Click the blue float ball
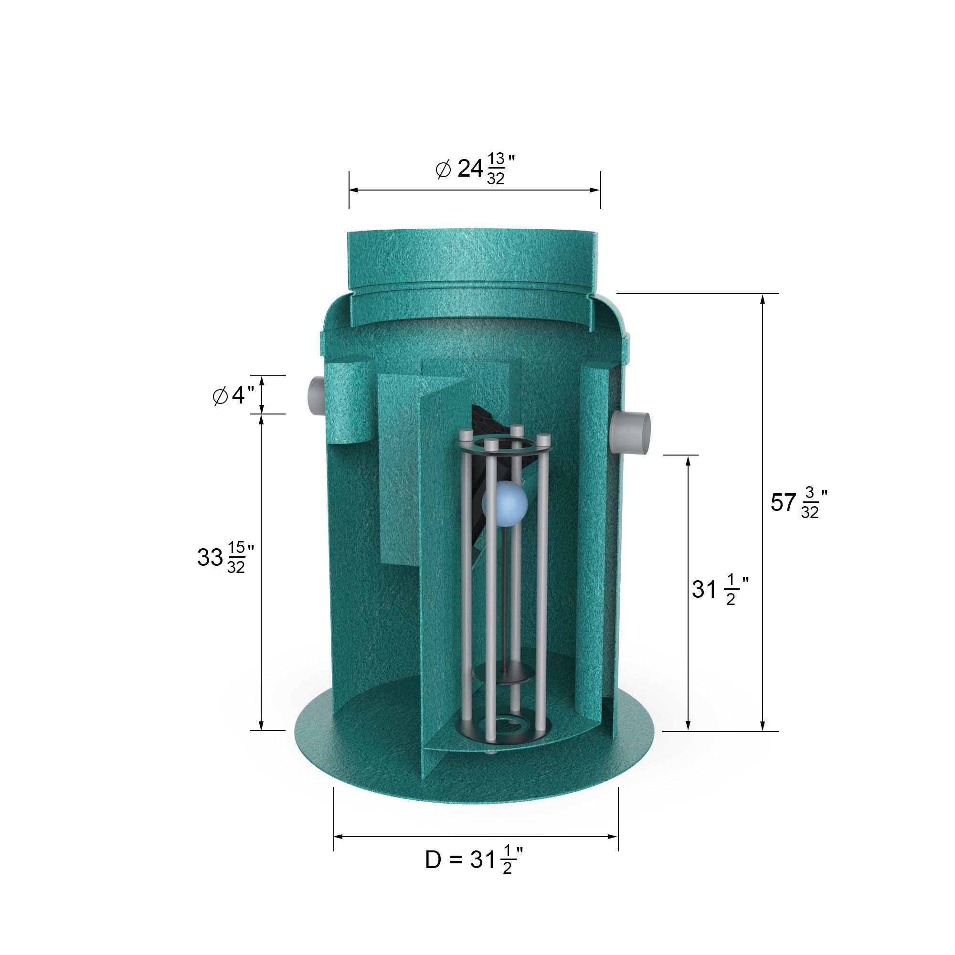pyautogui.click(x=504, y=503)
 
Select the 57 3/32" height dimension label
pyautogui.click(x=798, y=502)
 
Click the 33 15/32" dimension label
pyautogui.click(x=225, y=557)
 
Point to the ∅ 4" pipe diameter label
pyautogui.click(x=233, y=395)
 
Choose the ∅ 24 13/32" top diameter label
pyautogui.click(x=476, y=169)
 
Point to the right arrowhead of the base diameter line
pyautogui.click(x=613, y=837)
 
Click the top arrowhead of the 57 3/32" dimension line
pyautogui.click(x=763, y=298)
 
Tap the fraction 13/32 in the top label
pyautogui.click(x=495, y=169)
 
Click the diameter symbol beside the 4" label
pyautogui.click(x=220, y=396)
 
